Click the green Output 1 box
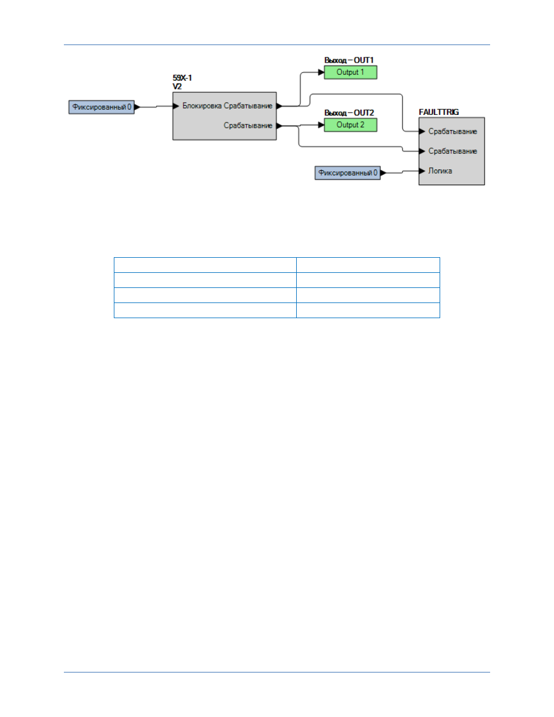[350, 72]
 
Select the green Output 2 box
[350, 125]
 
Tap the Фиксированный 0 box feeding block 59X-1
[102, 107]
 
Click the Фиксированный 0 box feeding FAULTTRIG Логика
[348, 173]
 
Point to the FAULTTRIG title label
[439, 112]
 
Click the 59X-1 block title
[182, 78]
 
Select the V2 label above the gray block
[177, 87]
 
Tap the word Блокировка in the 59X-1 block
[202, 106]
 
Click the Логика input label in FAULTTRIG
[440, 171]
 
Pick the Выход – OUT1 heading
[349, 60]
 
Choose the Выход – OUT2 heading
[349, 113]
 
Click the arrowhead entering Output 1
[321, 72]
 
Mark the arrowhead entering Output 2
[321, 125]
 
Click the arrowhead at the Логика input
[422, 171]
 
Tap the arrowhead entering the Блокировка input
[176, 106]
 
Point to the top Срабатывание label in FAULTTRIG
[453, 132]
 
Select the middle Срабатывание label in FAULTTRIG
[453, 152]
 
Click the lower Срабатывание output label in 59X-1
[248, 126]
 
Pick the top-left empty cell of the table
[205, 265]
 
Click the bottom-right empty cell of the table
[368, 311]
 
